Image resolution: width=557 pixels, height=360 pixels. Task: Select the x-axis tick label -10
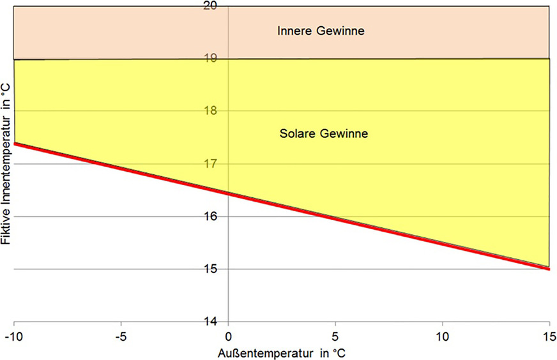(13, 335)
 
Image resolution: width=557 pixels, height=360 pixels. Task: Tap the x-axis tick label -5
(119, 335)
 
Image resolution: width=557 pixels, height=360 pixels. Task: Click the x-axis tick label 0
(228, 335)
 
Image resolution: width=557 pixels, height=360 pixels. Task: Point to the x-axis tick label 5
(335, 335)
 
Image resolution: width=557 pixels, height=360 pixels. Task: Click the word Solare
(295, 134)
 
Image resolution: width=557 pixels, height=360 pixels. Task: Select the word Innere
(293, 30)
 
